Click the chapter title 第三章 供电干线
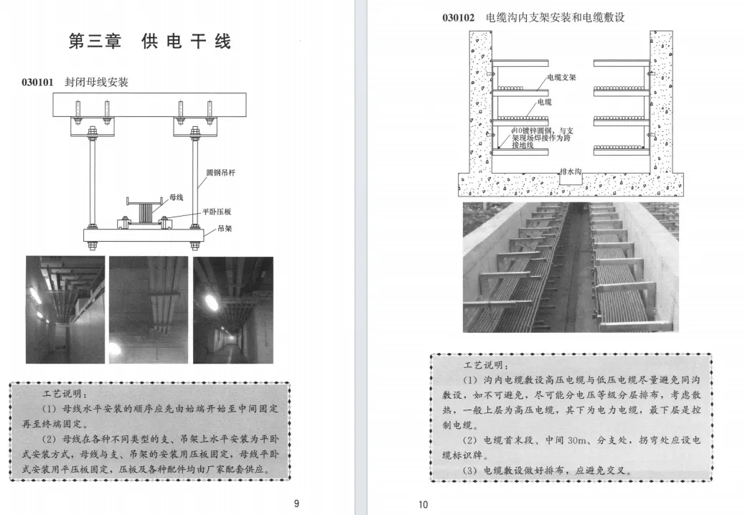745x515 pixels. pos(149,41)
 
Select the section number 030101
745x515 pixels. pos(37,82)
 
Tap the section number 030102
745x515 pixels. pos(458,17)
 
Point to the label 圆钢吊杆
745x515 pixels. pos(220,173)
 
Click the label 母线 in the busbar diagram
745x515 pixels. pos(176,197)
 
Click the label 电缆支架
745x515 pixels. pos(561,77)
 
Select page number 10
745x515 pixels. pos(423,504)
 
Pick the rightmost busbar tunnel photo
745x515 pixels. pos(233,310)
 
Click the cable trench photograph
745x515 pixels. pos(570,267)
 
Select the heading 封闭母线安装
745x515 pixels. pos(96,82)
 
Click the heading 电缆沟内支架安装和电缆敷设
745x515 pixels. pos(555,17)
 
